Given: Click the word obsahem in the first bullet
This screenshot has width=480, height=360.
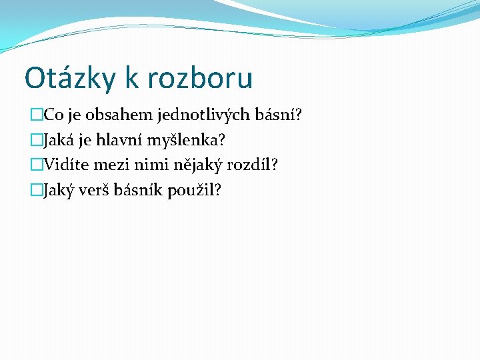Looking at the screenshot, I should click(x=127, y=115).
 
